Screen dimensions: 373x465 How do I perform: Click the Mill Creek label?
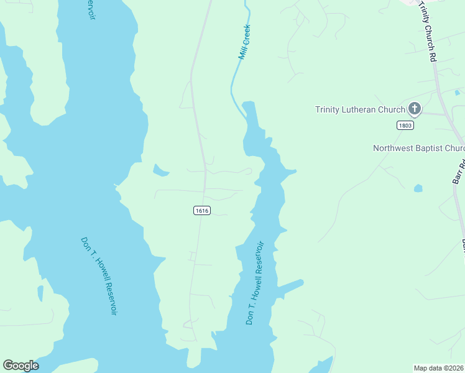point(244,42)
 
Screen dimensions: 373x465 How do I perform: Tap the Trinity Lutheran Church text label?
point(360,110)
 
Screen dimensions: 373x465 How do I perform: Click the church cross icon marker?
point(415,109)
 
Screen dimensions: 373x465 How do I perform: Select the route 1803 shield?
point(405,125)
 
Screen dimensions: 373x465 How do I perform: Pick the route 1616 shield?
point(201,211)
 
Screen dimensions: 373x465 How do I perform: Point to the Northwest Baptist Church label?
point(418,148)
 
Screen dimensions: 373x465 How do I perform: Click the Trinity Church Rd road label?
point(428,31)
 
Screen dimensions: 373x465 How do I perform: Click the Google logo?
point(21,366)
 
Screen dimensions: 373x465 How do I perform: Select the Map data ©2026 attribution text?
point(438,367)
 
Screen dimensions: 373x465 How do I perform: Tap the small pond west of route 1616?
point(160,169)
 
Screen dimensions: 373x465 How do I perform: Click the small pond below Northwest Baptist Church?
point(418,188)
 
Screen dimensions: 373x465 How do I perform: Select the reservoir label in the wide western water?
point(99,275)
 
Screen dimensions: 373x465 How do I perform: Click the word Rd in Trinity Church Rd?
point(433,56)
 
